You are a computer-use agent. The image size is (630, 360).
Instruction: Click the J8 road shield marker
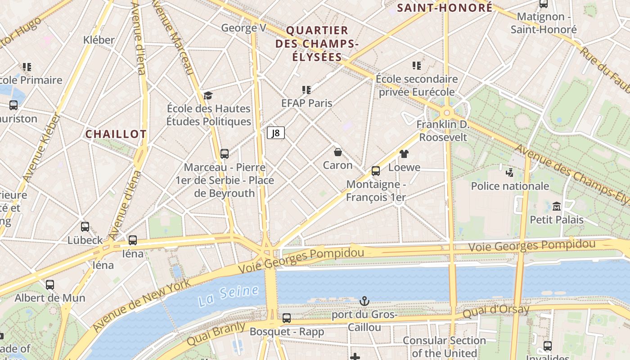pyautogui.click(x=276, y=133)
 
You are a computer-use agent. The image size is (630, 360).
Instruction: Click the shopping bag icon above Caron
pyautogui.click(x=338, y=152)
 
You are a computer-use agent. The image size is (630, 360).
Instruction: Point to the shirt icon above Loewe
pyautogui.click(x=404, y=154)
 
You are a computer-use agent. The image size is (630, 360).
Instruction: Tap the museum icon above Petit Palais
pyautogui.click(x=557, y=207)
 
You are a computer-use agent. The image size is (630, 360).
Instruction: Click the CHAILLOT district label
pyautogui.click(x=116, y=134)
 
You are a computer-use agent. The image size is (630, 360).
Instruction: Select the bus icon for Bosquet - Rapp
pyautogui.click(x=287, y=318)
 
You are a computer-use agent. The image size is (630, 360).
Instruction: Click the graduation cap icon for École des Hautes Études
pyautogui.click(x=208, y=95)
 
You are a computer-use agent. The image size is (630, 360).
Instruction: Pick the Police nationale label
pyautogui.click(x=510, y=186)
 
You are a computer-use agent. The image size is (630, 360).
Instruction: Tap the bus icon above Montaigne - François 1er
pyautogui.click(x=376, y=171)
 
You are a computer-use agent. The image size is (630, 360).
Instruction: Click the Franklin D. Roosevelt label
pyautogui.click(x=443, y=130)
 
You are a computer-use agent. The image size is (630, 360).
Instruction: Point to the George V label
pyautogui.click(x=243, y=28)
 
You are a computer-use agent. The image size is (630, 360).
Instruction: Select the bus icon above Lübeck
pyautogui.click(x=85, y=227)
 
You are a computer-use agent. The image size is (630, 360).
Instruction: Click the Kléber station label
pyautogui.click(x=99, y=40)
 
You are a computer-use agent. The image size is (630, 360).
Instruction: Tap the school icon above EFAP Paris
pyautogui.click(x=306, y=90)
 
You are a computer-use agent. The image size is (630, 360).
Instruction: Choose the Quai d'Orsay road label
pyautogui.click(x=496, y=310)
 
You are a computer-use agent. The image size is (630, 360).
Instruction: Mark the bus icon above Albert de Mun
pyautogui.click(x=50, y=284)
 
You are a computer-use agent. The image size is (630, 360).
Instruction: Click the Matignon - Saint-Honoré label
pyautogui.click(x=543, y=23)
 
